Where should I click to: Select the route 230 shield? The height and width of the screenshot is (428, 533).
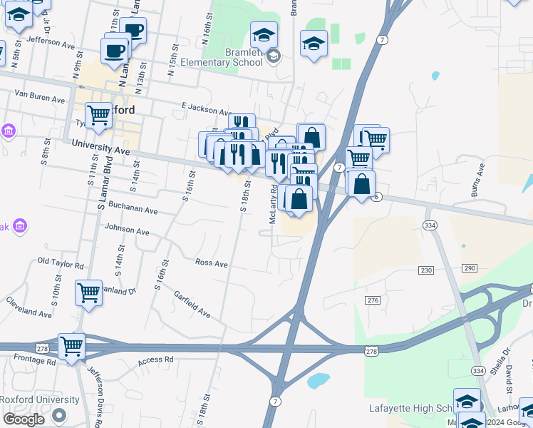(x=426, y=270)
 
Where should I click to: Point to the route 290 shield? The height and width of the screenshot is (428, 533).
(x=469, y=267)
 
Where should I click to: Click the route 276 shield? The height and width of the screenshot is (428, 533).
(x=373, y=301)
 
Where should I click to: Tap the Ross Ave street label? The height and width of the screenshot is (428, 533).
(x=212, y=264)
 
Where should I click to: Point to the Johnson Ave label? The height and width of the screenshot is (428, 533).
(x=127, y=232)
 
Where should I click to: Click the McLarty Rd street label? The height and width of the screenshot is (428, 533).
(x=274, y=205)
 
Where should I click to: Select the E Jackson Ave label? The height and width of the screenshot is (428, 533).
(x=207, y=108)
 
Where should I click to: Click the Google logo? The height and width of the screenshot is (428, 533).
(x=24, y=419)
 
